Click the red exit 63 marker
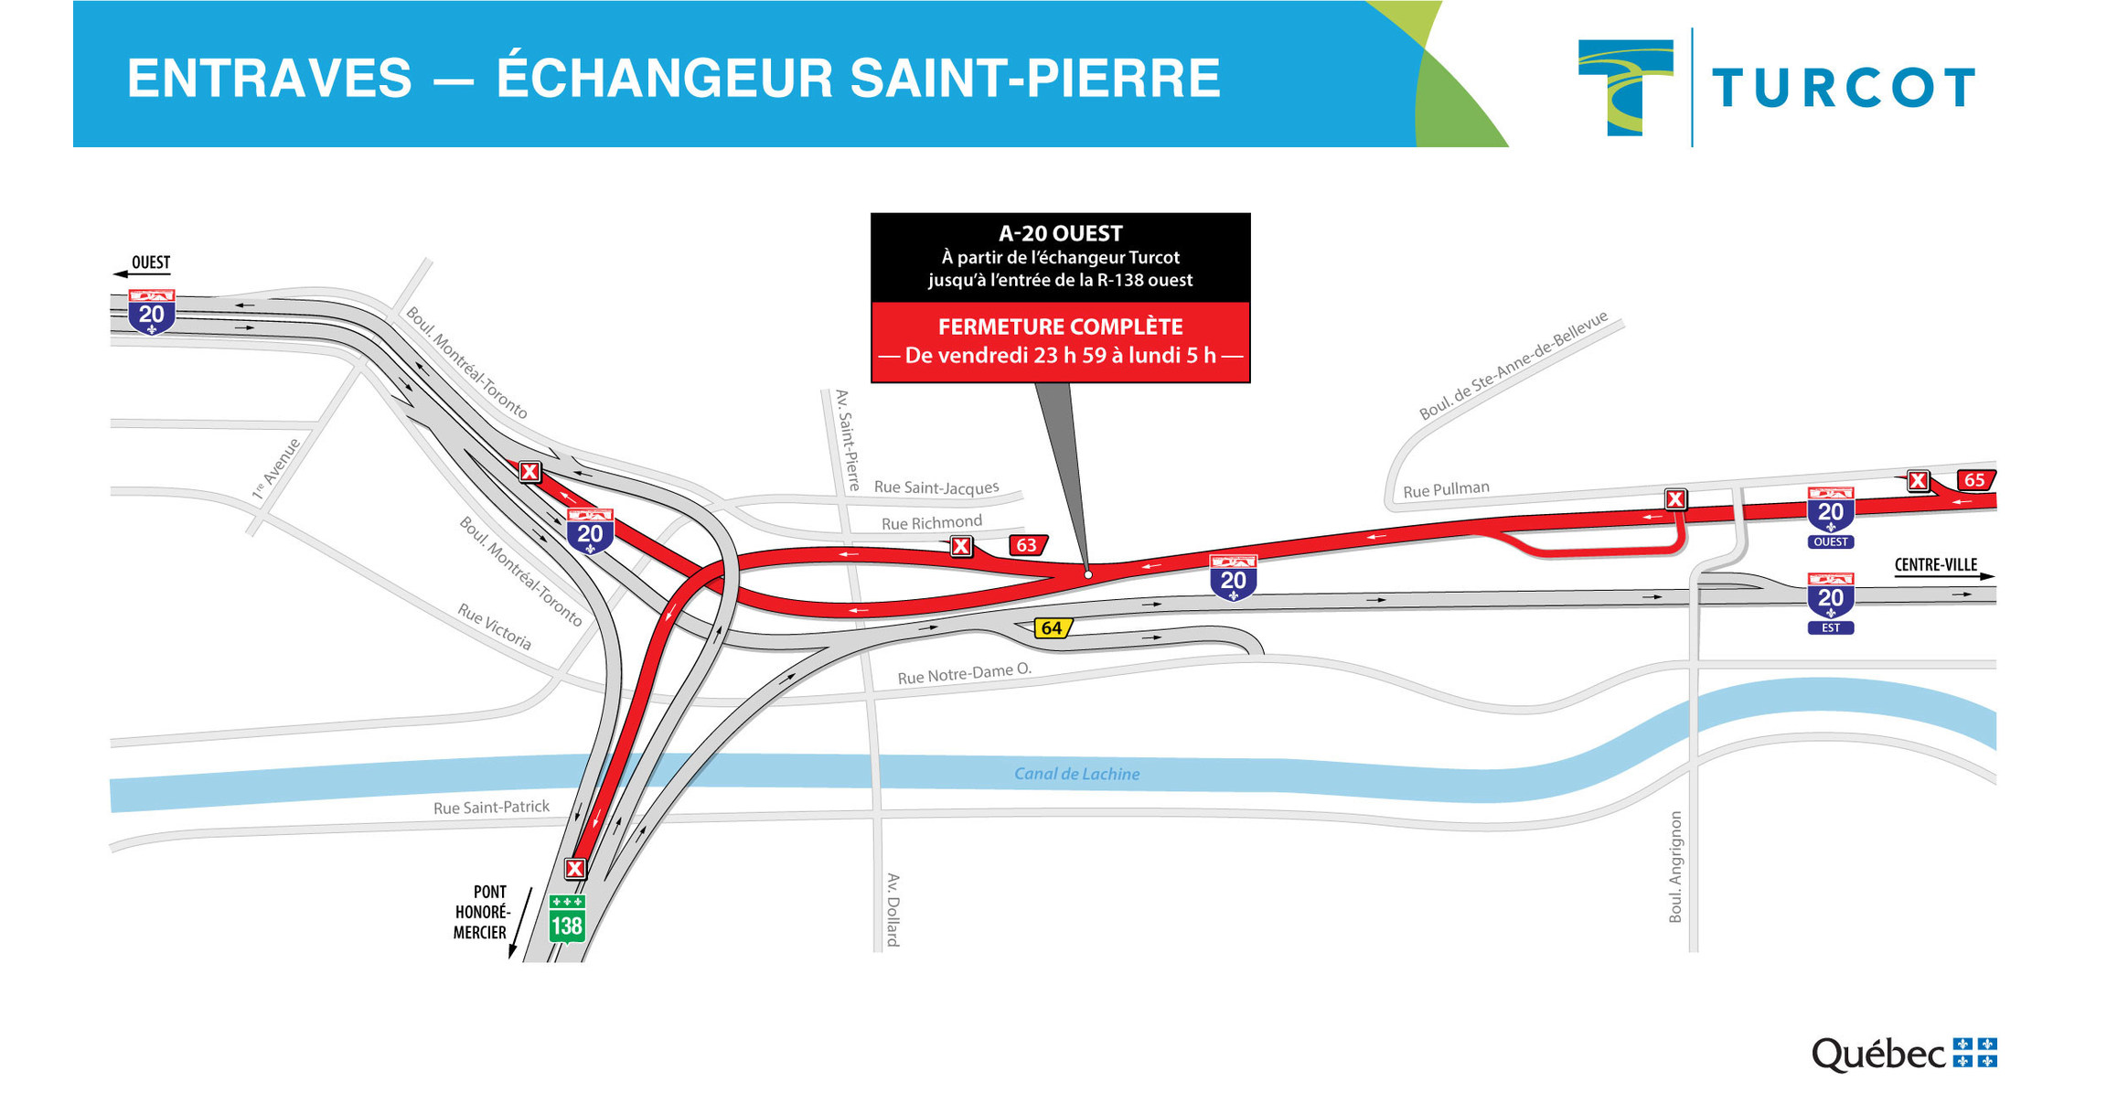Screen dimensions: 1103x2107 [x=1027, y=546]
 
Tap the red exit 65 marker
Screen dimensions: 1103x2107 [x=1975, y=480]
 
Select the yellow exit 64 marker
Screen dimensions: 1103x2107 [x=1052, y=628]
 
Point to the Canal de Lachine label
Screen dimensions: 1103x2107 [x=1076, y=774]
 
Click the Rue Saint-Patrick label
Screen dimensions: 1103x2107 [x=491, y=808]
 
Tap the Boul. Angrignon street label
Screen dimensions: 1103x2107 [x=1675, y=866]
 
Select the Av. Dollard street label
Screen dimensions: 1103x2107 [x=893, y=909]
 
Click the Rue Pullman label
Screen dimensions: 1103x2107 [x=1446, y=490]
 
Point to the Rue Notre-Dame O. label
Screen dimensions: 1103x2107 [x=964, y=674]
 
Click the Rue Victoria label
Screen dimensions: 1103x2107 [x=495, y=626]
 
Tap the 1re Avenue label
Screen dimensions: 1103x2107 [x=276, y=469]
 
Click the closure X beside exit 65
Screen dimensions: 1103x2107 [x=1918, y=480]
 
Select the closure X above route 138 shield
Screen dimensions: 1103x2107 [x=575, y=868]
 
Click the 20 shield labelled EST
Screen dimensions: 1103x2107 [x=1830, y=602]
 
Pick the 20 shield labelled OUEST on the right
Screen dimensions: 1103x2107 [x=1830, y=516]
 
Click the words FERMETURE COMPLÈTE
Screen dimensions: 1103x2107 [x=1060, y=327]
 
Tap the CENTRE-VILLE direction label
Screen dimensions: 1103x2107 [x=1935, y=565]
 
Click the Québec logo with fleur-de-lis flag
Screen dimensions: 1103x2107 [x=1904, y=1055]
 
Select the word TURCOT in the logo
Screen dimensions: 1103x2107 [x=1843, y=89]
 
